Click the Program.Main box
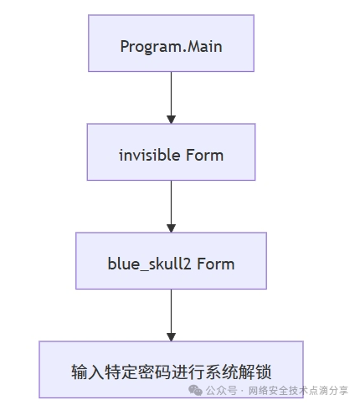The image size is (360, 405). tap(171, 44)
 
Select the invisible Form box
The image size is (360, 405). tap(171, 152)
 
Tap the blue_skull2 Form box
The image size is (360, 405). tap(171, 261)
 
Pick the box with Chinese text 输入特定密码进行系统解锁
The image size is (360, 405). tap(171, 369)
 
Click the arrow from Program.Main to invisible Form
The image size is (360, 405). tap(171, 98)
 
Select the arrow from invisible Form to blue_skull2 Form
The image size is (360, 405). tap(171, 207)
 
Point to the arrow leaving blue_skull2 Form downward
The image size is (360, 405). tap(171, 315)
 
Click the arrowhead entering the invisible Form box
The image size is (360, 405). tap(171, 120)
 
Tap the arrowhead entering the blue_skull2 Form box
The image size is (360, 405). tap(171, 228)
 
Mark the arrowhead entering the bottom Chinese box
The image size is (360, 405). tap(171, 337)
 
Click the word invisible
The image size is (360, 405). tap(149, 155)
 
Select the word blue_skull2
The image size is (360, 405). tap(149, 264)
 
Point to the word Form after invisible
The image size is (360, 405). tap(204, 155)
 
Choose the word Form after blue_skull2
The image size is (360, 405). tap(215, 264)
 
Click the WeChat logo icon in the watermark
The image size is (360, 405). tap(195, 390)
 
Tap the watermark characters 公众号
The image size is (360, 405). tap(221, 391)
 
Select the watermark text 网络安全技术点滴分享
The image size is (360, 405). tap(298, 391)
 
